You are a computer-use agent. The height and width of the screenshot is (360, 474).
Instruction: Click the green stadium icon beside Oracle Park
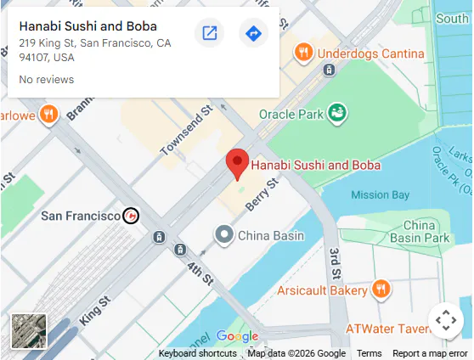(x=337, y=111)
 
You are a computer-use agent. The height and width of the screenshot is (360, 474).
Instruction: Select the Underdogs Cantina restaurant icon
(x=303, y=53)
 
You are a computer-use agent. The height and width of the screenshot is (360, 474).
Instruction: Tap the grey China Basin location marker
(x=223, y=234)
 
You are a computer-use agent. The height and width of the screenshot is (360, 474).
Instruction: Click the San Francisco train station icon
(x=131, y=216)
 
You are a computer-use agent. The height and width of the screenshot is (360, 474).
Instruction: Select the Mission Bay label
(x=381, y=194)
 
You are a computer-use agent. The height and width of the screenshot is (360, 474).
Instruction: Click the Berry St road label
(x=261, y=195)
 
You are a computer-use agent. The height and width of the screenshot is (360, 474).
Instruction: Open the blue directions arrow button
(x=253, y=33)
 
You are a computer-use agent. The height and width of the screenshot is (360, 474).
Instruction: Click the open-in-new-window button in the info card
(x=209, y=33)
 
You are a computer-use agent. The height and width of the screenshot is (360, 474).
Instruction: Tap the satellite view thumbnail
(x=29, y=331)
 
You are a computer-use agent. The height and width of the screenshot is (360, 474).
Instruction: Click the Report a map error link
(x=430, y=353)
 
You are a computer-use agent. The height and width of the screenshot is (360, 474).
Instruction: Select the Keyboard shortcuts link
(x=197, y=353)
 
